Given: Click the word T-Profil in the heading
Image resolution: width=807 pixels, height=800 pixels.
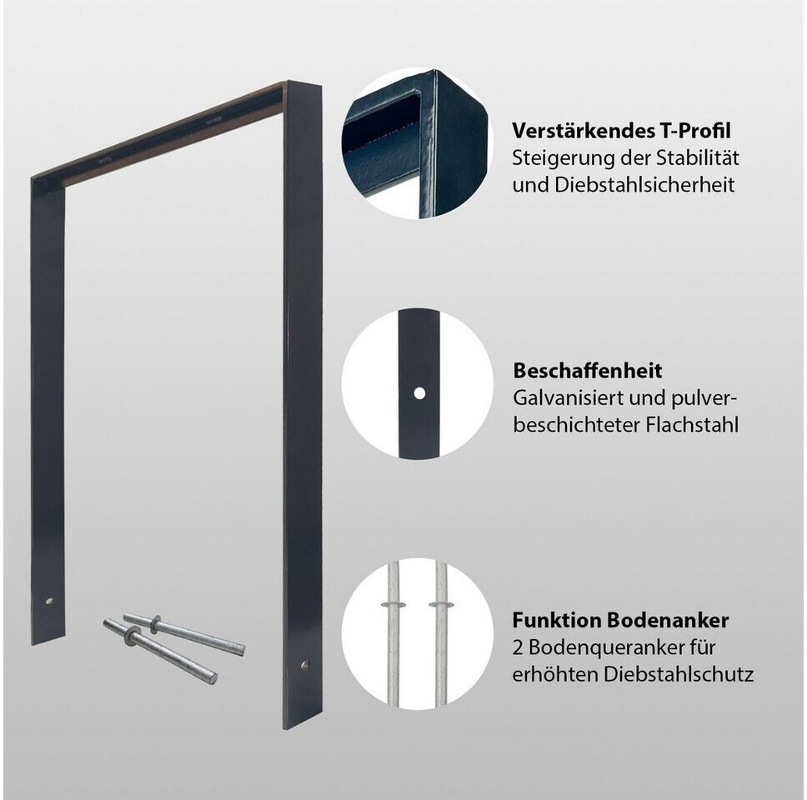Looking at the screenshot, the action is (694, 131).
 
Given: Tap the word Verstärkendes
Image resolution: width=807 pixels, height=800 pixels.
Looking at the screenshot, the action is (583, 131).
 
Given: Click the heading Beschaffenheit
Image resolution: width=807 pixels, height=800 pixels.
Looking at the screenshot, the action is (587, 371).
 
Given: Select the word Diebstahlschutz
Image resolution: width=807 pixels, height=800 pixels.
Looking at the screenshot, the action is (679, 674).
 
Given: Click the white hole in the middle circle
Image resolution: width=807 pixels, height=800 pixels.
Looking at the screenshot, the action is (419, 393).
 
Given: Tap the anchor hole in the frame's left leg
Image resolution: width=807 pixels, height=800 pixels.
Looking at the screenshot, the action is (49, 600).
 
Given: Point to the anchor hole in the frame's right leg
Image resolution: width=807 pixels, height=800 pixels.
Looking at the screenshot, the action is (304, 664).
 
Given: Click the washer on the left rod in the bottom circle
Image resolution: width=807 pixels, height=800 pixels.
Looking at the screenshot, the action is (393, 603).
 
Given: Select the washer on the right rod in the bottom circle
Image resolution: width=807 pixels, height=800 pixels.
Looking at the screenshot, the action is (441, 603).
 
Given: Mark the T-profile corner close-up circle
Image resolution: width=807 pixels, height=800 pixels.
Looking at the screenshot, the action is (415, 143).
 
